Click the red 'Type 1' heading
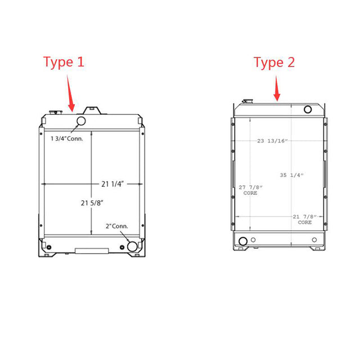pos(64,62)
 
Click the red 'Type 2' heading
pos(274,62)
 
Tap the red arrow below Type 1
pos(70,93)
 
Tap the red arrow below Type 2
pos(277,89)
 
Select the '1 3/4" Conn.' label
pos(67,138)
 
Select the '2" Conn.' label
pos(116,226)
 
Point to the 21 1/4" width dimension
pos(112,184)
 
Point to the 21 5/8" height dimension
pos(92,203)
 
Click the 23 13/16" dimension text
pos(272,141)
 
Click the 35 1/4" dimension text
pos(291,175)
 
